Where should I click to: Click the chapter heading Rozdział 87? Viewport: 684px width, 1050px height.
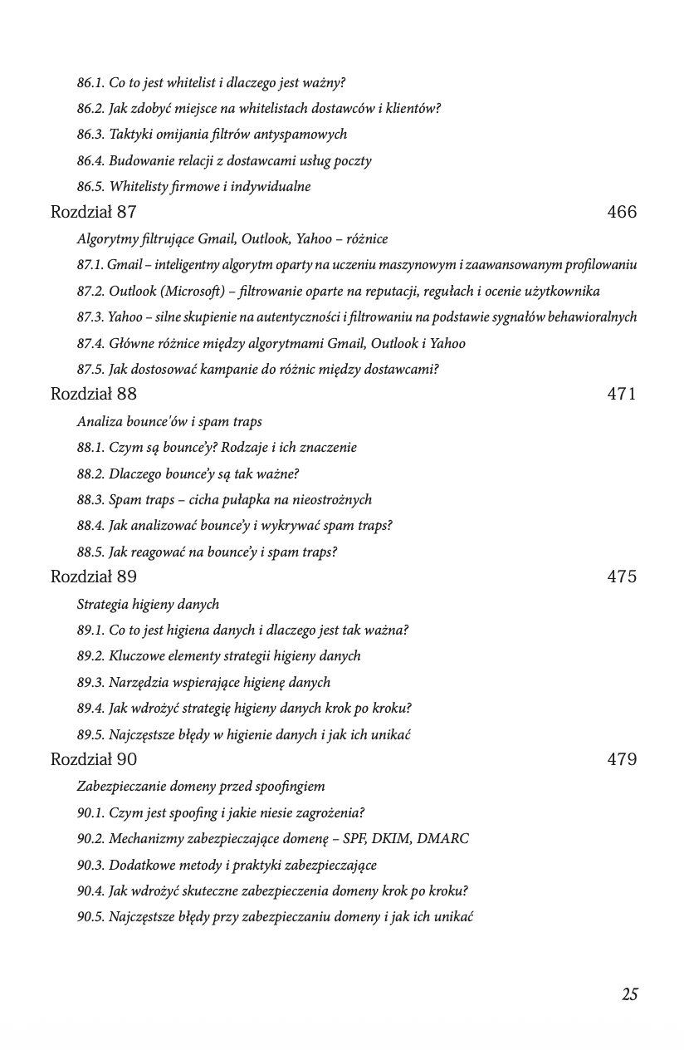(x=94, y=212)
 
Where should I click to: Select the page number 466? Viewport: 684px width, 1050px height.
(x=622, y=212)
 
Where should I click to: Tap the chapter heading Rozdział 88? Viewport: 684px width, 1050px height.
(x=94, y=394)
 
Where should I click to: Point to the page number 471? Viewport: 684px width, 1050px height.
(x=622, y=394)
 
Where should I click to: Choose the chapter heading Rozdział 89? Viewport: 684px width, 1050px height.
(x=94, y=577)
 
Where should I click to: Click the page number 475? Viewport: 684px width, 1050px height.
(x=622, y=577)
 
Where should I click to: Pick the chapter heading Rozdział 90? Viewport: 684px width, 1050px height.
(x=94, y=759)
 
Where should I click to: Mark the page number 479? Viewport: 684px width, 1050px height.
(x=622, y=759)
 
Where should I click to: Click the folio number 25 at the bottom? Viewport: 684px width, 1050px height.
(x=630, y=994)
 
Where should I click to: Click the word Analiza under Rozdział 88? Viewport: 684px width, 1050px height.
(x=99, y=422)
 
